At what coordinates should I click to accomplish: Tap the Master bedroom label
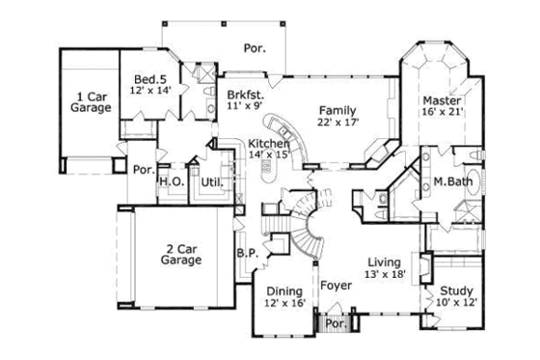pyautogui.click(x=442, y=100)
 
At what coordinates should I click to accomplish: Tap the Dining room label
pyautogui.click(x=283, y=291)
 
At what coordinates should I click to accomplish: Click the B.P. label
pyautogui.click(x=246, y=255)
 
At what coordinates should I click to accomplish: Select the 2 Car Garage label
pyautogui.click(x=180, y=253)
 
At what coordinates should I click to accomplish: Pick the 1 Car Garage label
pyautogui.click(x=90, y=102)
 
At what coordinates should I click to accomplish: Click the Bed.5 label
pyautogui.click(x=149, y=79)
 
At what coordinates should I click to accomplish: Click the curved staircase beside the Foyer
pyautogui.click(x=310, y=224)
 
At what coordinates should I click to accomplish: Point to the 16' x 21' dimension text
pyautogui.click(x=442, y=112)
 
